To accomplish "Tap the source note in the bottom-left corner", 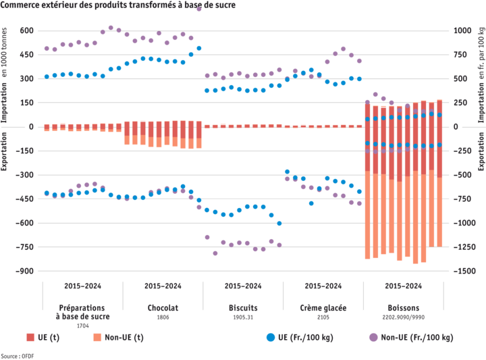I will point(9,355).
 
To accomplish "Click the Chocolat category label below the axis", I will point(163,307).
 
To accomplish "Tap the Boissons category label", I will point(403,307).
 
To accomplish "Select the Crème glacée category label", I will point(323,307).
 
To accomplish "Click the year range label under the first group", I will point(82,286).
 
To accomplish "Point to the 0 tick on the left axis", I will point(30,126).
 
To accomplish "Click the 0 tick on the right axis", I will point(456,126).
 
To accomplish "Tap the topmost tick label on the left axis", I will point(26,30).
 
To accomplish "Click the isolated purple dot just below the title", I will point(198,9).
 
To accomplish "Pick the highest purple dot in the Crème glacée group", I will point(343,49).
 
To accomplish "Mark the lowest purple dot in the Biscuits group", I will point(215,253).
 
